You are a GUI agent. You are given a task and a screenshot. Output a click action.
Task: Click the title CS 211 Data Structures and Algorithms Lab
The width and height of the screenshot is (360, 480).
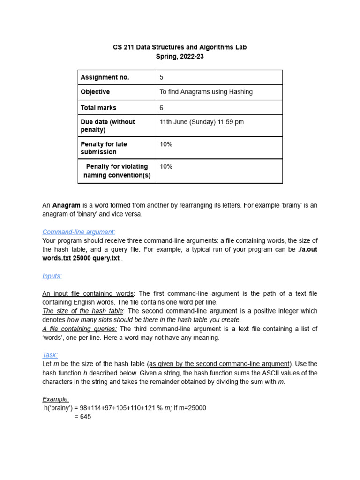click(x=180, y=47)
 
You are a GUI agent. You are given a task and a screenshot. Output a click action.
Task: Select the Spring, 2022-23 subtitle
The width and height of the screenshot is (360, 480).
click(x=180, y=57)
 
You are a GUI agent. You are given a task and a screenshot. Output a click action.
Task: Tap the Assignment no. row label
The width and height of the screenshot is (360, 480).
click(x=105, y=77)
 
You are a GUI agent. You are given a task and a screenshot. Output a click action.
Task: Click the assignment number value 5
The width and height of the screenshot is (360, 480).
click(x=162, y=77)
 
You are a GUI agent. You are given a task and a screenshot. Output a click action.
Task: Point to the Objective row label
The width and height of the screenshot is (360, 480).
click(x=95, y=92)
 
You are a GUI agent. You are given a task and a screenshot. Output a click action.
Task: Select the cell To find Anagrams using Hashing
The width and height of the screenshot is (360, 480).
click(x=206, y=92)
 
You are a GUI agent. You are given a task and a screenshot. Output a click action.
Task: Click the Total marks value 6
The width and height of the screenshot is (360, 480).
click(x=162, y=107)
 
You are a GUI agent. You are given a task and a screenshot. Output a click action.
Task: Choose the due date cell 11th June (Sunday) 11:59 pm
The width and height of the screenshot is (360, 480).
click(x=202, y=122)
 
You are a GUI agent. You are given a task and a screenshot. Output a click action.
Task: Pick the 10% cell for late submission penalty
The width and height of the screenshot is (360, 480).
click(x=166, y=144)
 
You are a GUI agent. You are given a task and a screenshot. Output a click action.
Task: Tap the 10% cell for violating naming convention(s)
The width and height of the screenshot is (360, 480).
click(x=166, y=166)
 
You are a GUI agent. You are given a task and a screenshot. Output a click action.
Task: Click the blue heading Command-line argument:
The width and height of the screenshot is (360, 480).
click(x=79, y=232)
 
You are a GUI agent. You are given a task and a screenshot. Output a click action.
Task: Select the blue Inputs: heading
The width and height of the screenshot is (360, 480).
click(x=52, y=276)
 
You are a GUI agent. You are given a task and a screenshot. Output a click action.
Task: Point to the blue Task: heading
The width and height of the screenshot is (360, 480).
click(x=50, y=355)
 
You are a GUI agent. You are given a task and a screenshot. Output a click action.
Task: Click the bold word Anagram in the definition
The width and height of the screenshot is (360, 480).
click(x=66, y=205)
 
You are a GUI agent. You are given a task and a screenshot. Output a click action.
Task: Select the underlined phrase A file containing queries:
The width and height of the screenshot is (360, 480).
click(x=80, y=329)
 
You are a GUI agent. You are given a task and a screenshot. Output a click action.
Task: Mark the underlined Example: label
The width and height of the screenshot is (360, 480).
click(x=56, y=399)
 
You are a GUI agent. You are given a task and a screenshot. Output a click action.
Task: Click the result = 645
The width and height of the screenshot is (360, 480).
click(x=82, y=416)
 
